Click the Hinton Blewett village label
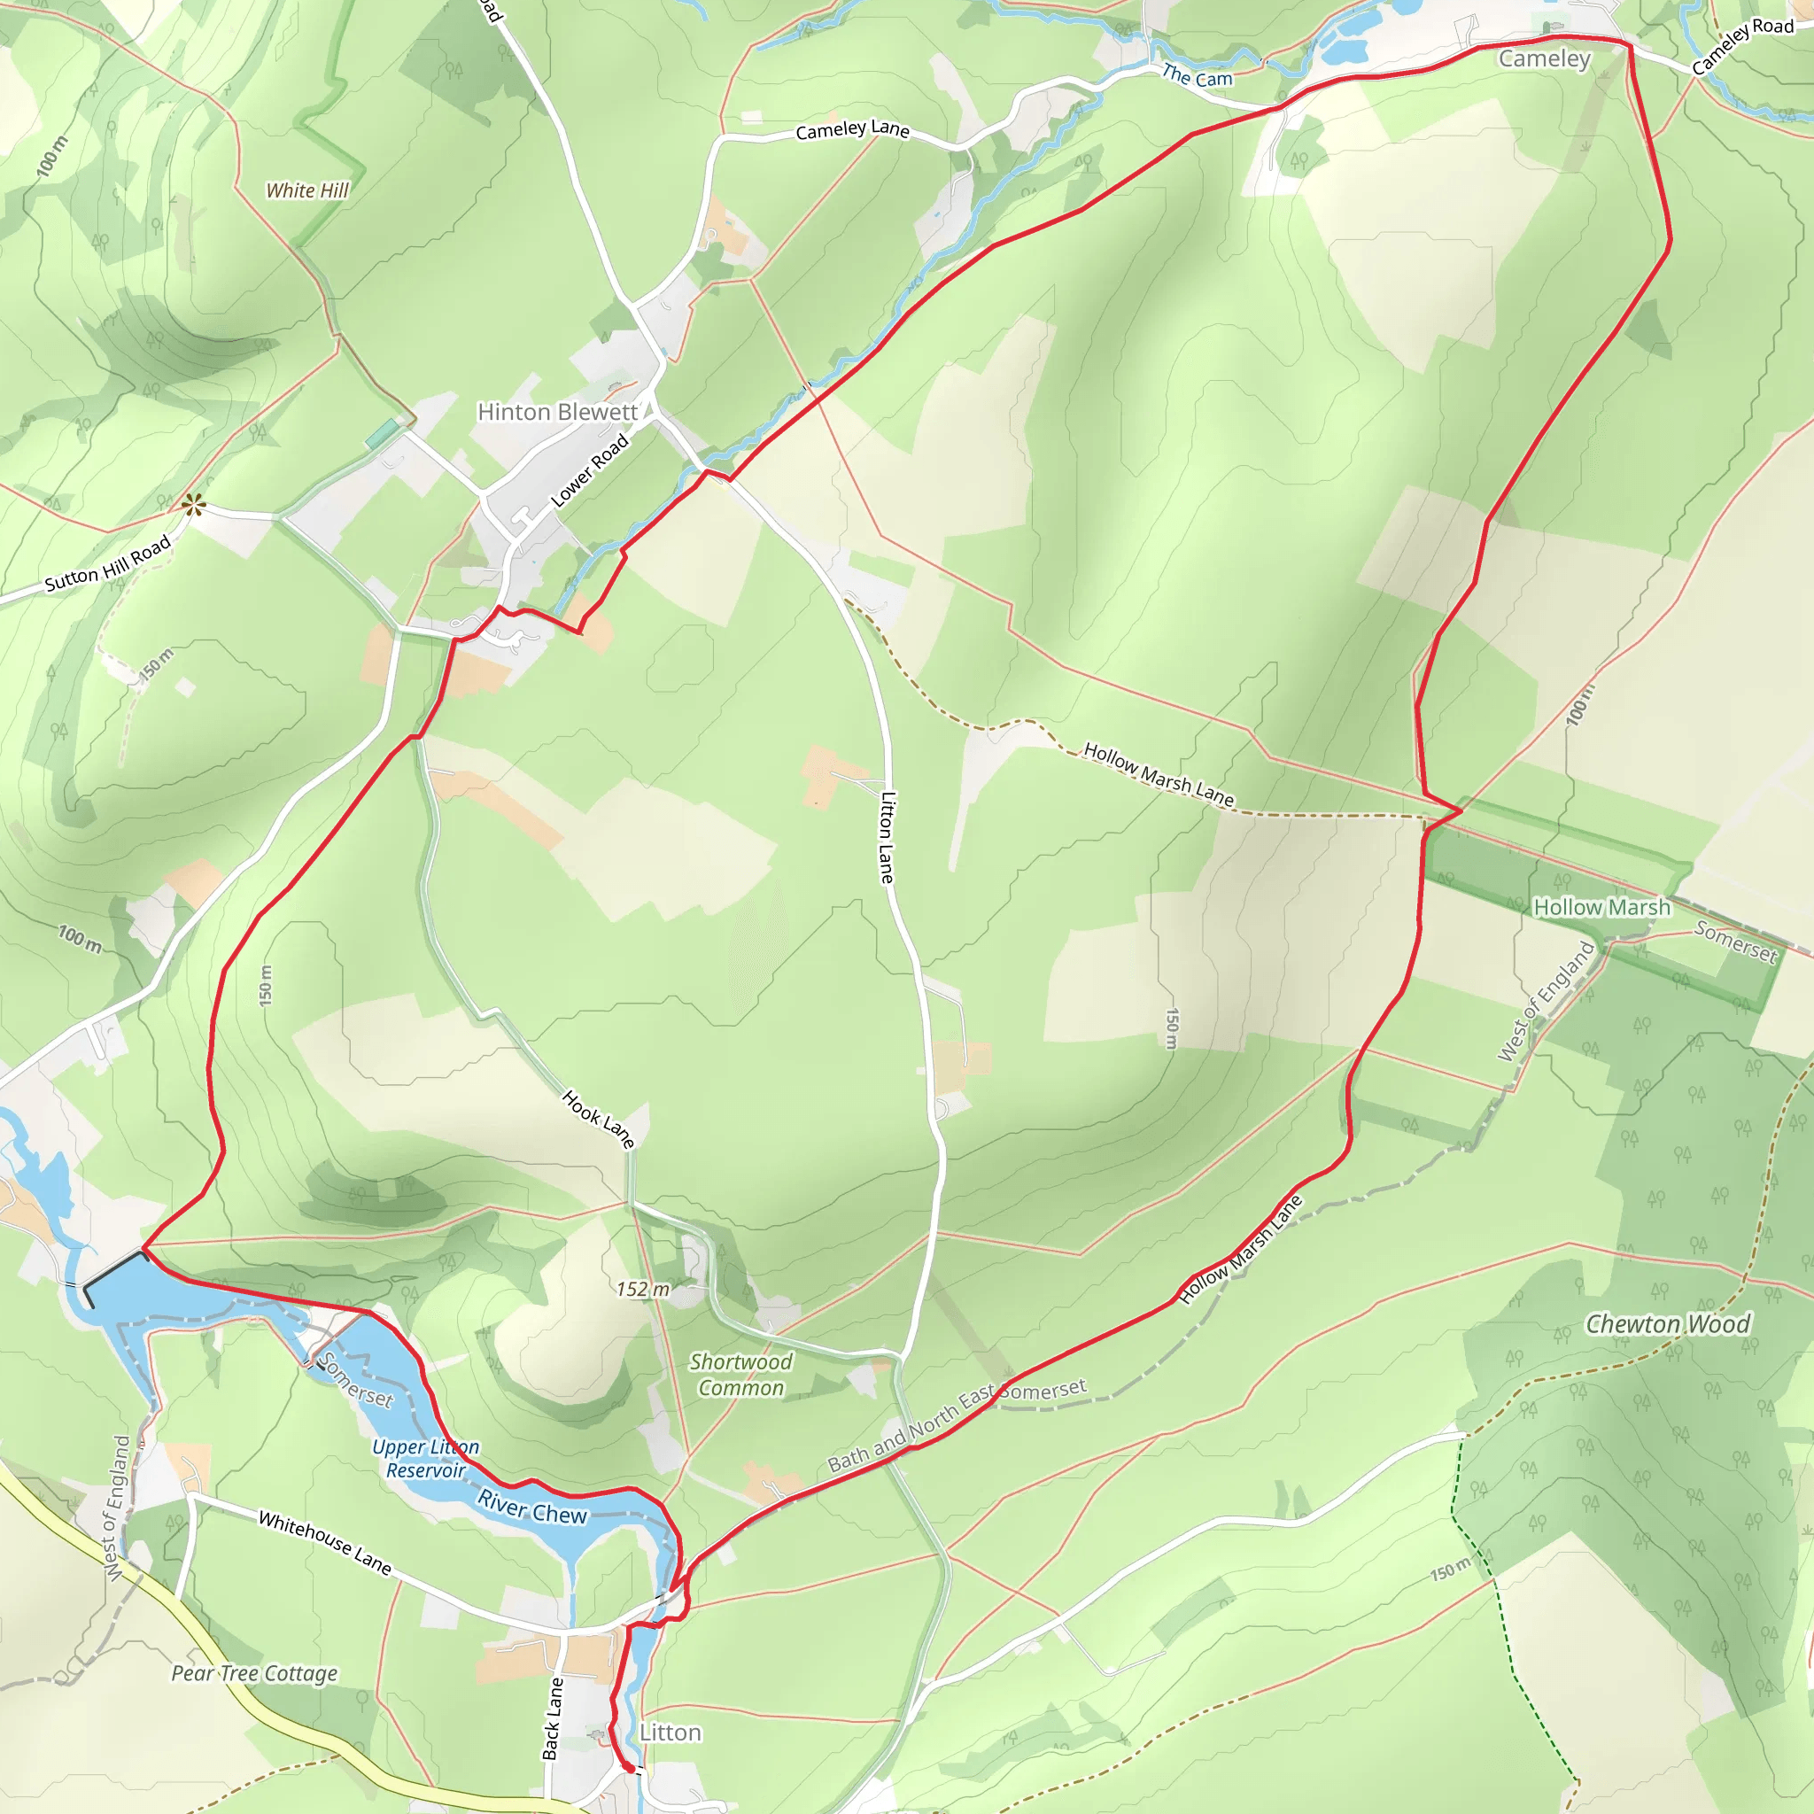point(558,412)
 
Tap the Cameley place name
point(1545,59)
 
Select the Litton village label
point(671,1733)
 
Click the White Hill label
point(307,190)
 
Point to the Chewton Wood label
point(1668,1324)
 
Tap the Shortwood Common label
point(740,1375)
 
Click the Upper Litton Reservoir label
point(425,1459)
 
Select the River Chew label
point(531,1507)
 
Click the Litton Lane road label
point(888,836)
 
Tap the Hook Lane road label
point(599,1119)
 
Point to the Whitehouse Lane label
point(325,1542)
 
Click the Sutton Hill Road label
point(108,563)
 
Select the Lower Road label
point(590,470)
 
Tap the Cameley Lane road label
point(853,129)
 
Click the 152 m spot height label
point(643,1289)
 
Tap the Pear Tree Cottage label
point(254,1673)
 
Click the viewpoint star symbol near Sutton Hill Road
point(194,506)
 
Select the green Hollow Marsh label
point(1601,907)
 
